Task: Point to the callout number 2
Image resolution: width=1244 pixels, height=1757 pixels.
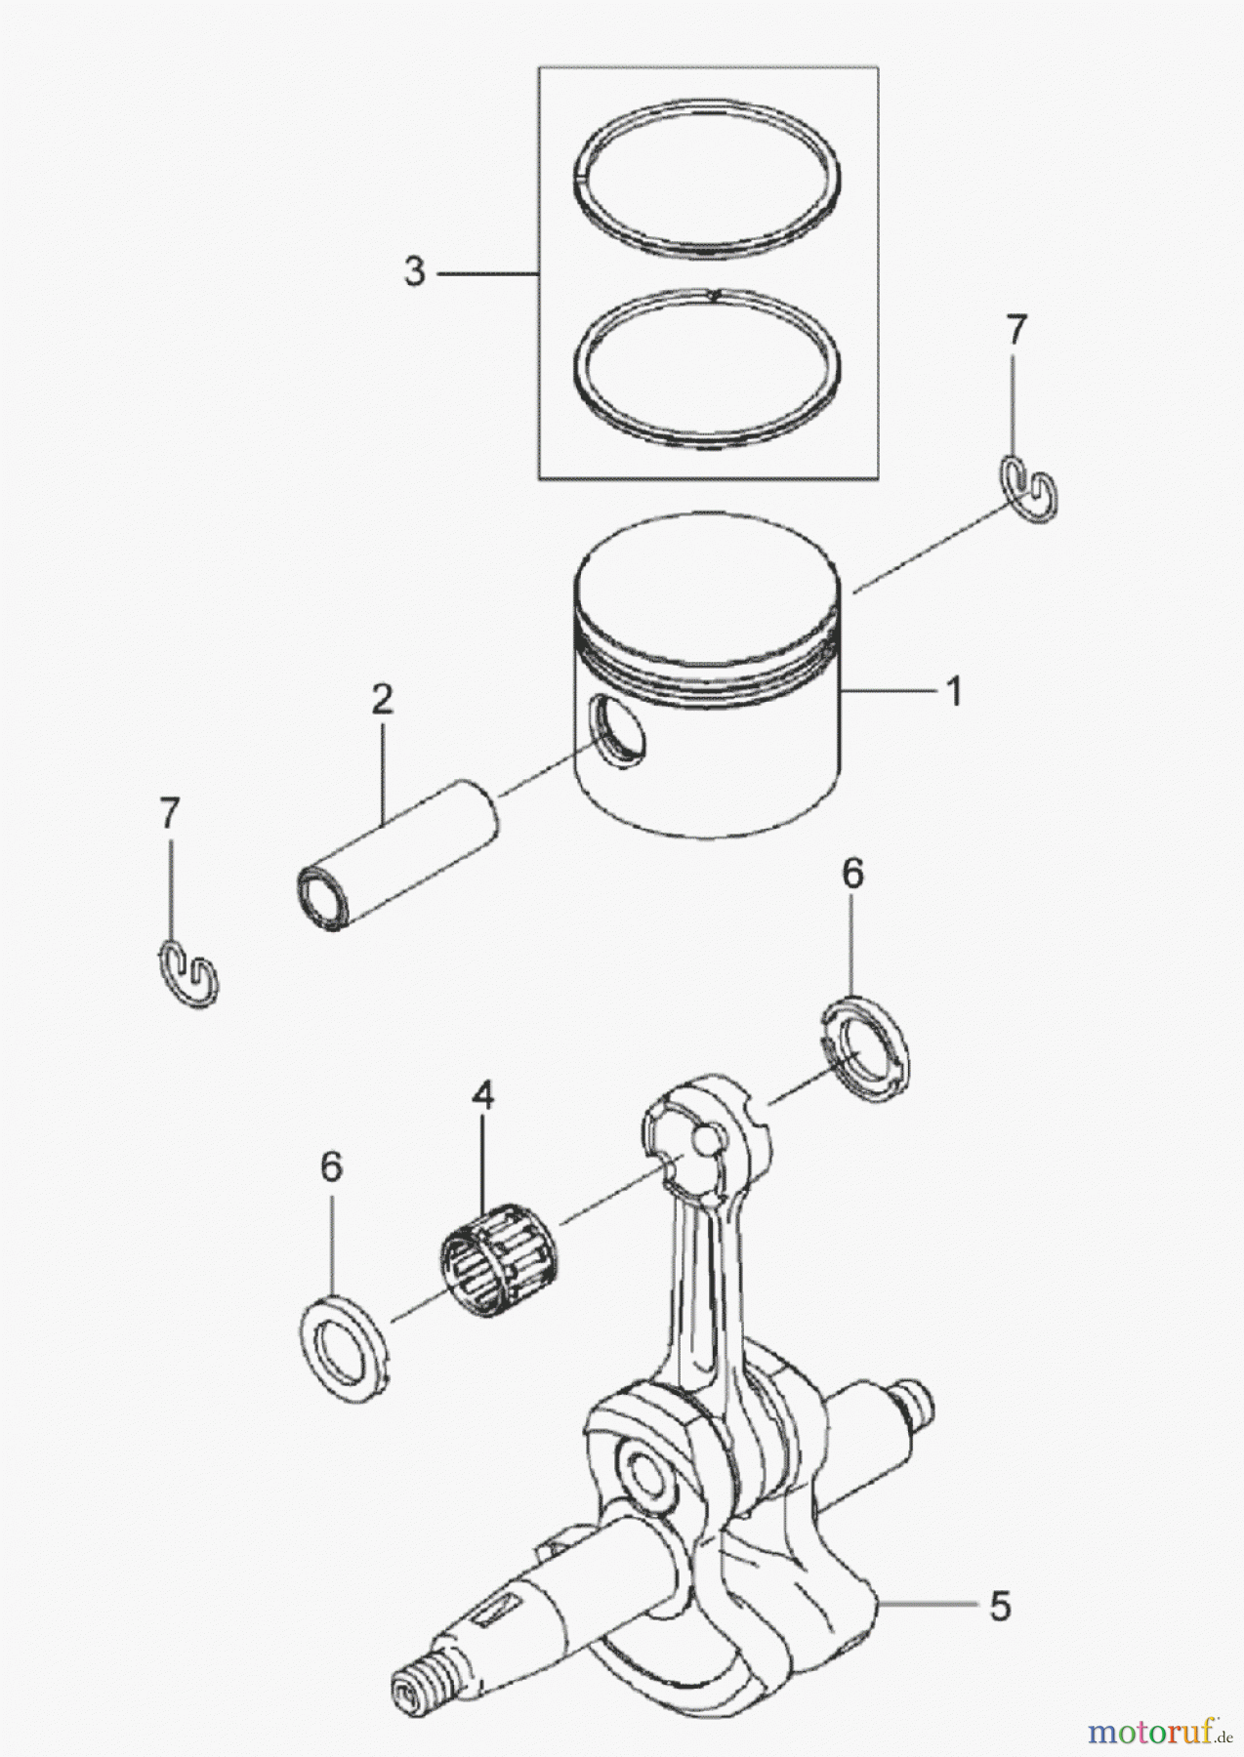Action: click(x=381, y=698)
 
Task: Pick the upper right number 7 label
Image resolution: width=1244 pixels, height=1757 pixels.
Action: click(x=1016, y=331)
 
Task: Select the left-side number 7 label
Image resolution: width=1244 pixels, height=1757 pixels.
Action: click(x=170, y=812)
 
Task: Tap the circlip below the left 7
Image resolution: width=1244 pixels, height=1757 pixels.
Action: click(x=188, y=972)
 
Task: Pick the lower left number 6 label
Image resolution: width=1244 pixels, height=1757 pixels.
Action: click(x=331, y=1166)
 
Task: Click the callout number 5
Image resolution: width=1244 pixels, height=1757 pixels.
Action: click(x=999, y=1606)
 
